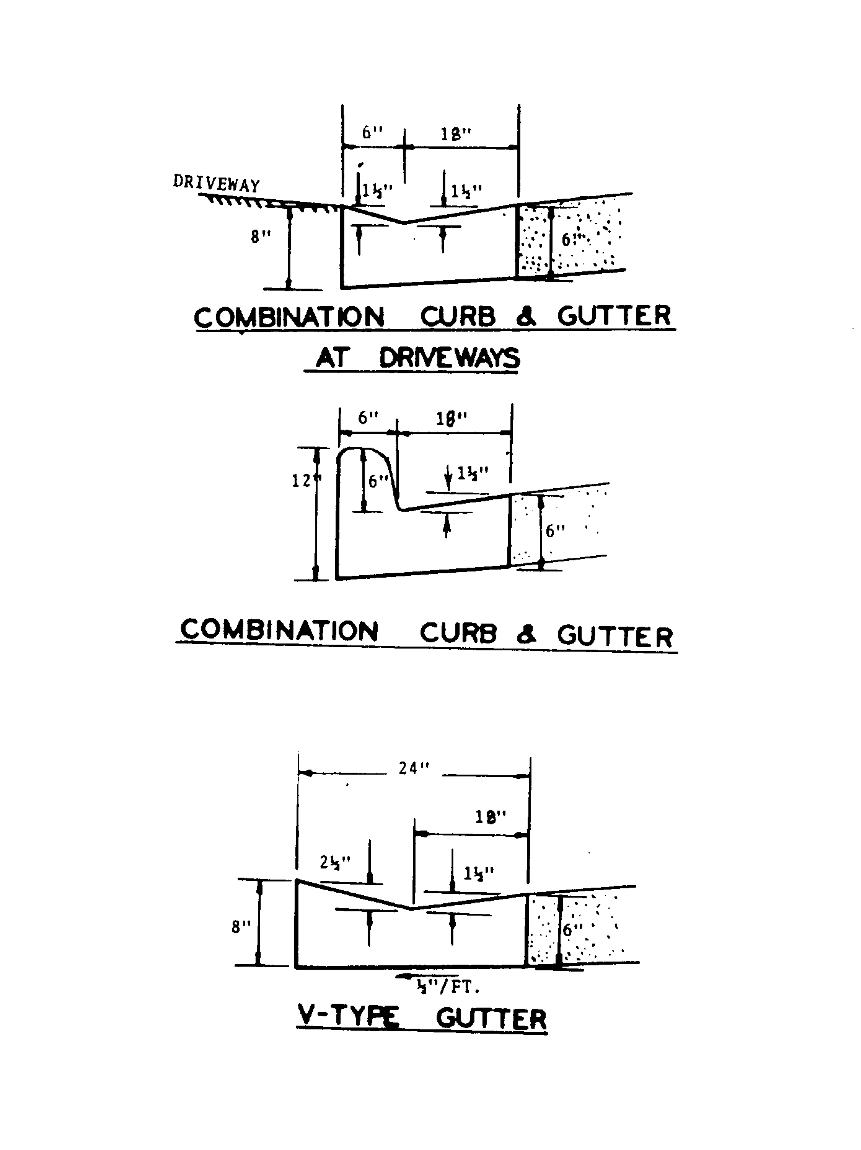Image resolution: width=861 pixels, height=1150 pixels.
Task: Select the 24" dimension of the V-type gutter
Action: click(x=414, y=768)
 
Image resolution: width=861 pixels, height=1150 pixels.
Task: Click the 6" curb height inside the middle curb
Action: click(x=378, y=481)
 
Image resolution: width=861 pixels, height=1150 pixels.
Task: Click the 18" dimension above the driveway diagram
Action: click(x=456, y=134)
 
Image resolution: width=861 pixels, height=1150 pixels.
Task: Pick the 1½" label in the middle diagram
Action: click(x=472, y=474)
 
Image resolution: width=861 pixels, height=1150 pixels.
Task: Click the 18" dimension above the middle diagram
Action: click(x=451, y=418)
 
